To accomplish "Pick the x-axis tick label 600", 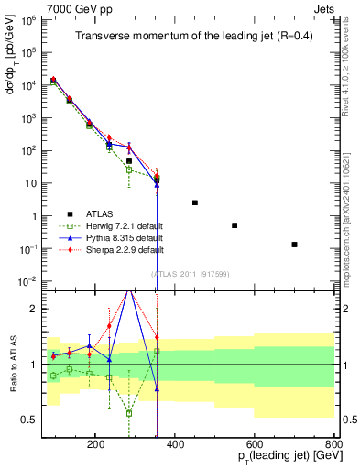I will (255, 443).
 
